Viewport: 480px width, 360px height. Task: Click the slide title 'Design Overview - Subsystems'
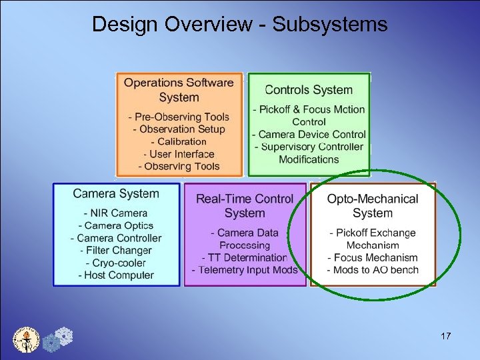[x=239, y=24]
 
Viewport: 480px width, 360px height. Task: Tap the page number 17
[x=445, y=336]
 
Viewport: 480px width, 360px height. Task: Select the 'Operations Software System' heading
[x=179, y=90]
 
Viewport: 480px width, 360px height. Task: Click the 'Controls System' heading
[x=309, y=90]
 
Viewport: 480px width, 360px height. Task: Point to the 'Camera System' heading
[x=116, y=194]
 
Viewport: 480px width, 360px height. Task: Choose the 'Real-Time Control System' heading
[x=245, y=205]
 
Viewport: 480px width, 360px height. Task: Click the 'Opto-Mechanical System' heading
[x=373, y=205]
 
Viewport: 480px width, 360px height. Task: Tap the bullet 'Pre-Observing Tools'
[x=179, y=117]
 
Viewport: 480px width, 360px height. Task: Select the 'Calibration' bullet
[x=179, y=141]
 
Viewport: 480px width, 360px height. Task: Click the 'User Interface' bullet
[x=179, y=154]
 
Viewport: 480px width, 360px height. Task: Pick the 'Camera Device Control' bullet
[x=309, y=135]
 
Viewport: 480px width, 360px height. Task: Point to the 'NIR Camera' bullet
[x=116, y=213]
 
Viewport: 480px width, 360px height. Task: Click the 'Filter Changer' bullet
[x=116, y=251]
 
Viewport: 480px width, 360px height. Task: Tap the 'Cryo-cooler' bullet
[x=116, y=263]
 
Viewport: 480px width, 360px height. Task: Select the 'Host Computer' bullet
[x=116, y=275]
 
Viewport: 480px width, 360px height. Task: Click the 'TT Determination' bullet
[x=245, y=257]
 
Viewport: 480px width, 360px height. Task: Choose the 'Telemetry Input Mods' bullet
[x=245, y=270]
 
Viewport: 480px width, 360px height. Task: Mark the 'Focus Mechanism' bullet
[x=373, y=257]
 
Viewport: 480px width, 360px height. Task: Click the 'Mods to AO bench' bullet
[x=373, y=270]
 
